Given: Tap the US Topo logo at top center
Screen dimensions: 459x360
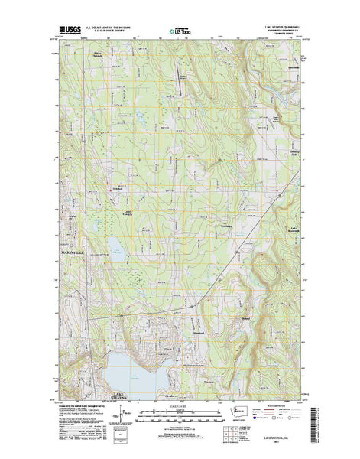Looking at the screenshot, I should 180,32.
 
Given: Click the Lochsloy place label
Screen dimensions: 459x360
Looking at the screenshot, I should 225,227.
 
